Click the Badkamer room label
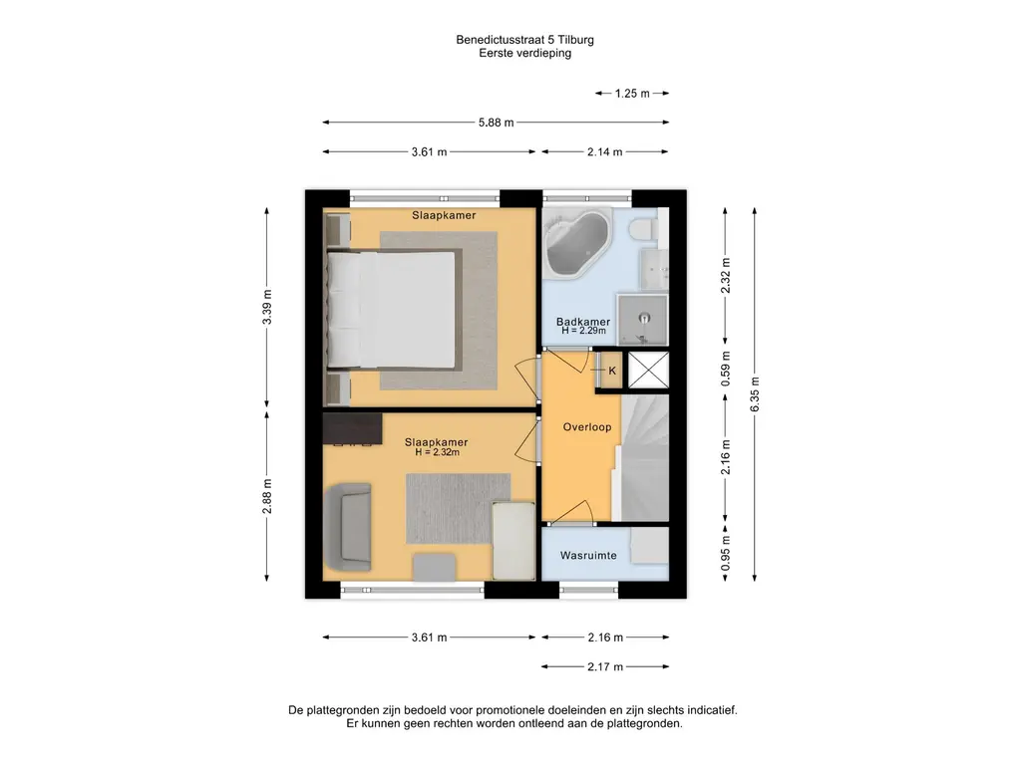582,322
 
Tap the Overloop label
586,427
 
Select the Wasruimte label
588,556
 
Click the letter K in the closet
612,371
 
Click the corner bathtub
577,243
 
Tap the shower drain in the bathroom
645,318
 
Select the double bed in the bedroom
391,310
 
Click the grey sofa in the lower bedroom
348,526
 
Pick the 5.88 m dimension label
497,123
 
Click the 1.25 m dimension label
632,94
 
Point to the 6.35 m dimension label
755,394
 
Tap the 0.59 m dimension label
726,369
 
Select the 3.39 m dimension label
267,307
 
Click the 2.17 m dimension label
605,666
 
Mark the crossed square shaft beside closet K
648,371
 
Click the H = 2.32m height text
437,452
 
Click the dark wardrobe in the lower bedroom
352,428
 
